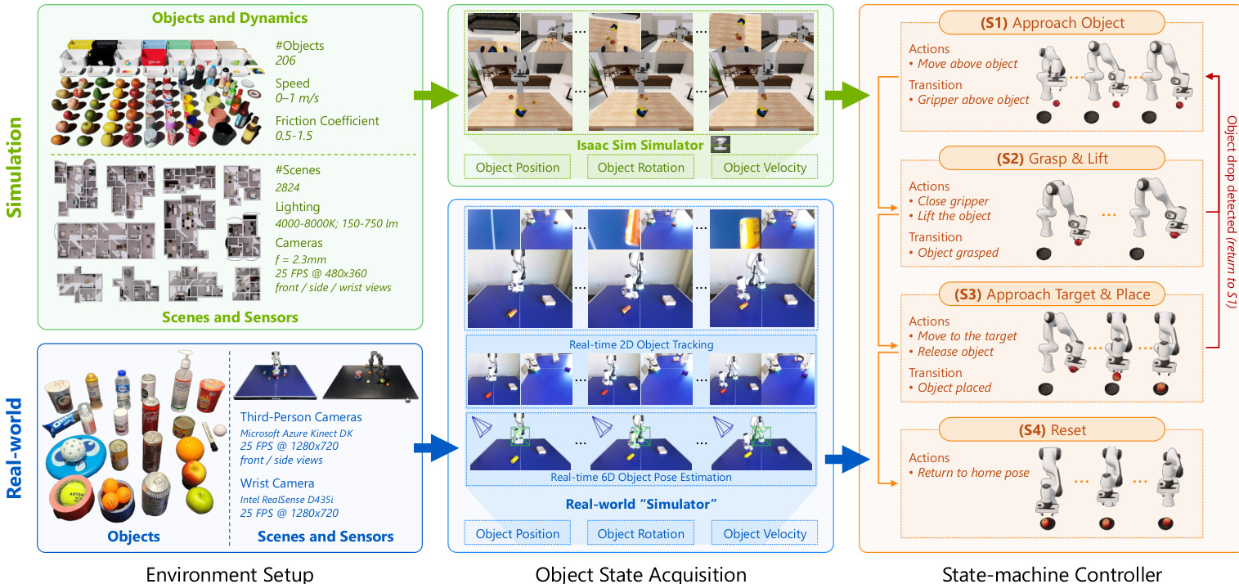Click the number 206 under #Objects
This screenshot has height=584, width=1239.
285,61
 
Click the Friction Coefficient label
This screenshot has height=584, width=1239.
327,121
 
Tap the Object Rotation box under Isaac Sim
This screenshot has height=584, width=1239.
640,168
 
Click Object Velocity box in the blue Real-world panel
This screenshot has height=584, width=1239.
765,534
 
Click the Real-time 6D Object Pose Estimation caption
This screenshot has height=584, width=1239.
640,477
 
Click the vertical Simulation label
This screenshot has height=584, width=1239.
15,167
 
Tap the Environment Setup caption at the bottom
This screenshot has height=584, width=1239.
229,574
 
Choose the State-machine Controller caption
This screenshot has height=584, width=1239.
1052,574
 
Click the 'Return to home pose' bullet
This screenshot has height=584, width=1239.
972,473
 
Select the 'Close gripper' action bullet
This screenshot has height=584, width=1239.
953,201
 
